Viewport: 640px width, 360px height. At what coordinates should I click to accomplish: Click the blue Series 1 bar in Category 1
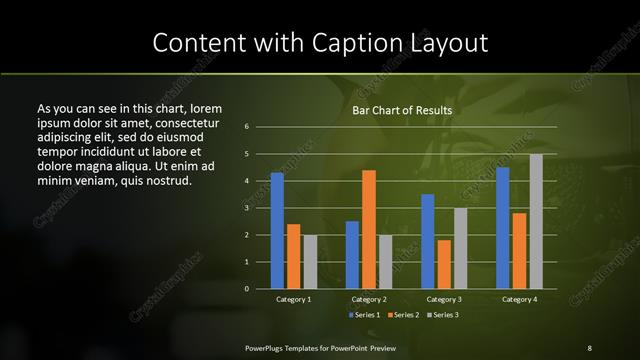click(277, 231)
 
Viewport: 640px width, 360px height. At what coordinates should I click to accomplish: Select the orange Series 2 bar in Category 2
click(369, 230)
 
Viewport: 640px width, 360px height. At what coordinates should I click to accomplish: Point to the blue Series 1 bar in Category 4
click(503, 228)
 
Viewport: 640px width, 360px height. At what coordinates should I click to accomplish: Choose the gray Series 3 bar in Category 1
click(310, 262)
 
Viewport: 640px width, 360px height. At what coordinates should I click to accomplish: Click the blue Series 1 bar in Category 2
click(352, 255)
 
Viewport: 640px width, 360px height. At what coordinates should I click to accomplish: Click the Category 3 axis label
click(444, 299)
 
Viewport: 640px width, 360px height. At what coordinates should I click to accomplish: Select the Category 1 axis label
click(293, 299)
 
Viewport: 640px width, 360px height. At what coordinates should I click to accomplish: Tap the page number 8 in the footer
click(589, 347)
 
